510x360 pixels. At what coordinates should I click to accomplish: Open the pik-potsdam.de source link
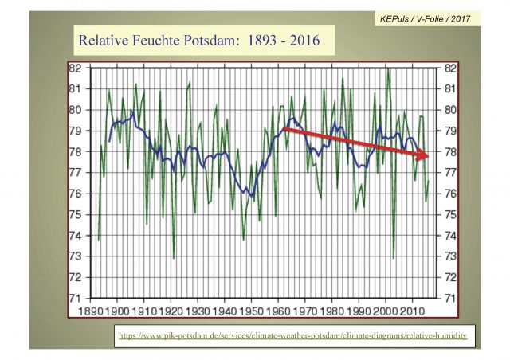(292, 336)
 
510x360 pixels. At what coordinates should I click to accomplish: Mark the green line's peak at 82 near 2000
(388, 69)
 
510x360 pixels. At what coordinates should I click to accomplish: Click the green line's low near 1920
(173, 258)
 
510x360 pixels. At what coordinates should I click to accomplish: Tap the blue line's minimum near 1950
(251, 196)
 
